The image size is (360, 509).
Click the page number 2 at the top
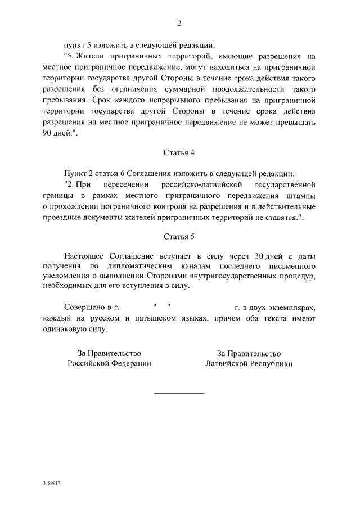[x=179, y=23]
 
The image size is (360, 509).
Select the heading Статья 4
[x=179, y=152]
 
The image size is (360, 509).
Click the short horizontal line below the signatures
[x=179, y=393]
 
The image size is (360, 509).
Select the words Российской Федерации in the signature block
[x=109, y=363]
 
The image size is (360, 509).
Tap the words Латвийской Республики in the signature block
[x=249, y=363]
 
